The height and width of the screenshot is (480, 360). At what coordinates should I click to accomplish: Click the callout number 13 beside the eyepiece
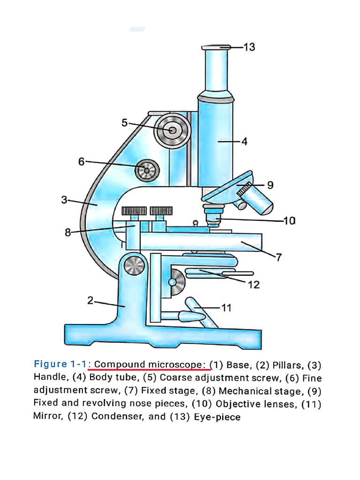[249, 47]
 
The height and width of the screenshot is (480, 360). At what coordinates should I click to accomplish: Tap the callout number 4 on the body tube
[244, 141]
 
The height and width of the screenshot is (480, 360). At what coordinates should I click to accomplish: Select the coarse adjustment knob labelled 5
[172, 130]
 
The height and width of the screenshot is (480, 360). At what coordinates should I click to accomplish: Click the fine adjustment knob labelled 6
[147, 171]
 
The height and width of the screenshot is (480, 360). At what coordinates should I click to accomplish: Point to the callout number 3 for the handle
[64, 200]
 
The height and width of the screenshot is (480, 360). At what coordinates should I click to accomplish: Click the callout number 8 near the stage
[68, 232]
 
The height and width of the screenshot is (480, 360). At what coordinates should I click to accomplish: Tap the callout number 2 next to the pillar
[90, 301]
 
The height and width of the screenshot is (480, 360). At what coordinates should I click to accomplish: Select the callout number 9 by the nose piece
[270, 185]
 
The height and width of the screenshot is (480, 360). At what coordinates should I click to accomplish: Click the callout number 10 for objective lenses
[290, 220]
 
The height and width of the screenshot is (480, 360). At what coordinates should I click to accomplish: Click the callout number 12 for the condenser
[253, 285]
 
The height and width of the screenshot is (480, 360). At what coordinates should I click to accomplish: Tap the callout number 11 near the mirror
[226, 308]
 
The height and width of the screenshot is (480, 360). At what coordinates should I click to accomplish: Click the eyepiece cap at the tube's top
[216, 47]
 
